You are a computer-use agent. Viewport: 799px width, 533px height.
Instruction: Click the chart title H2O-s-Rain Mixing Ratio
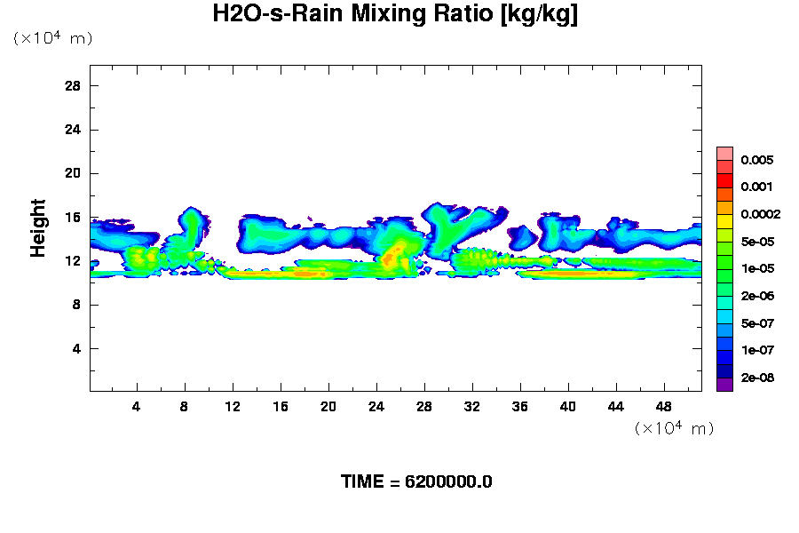click(395, 15)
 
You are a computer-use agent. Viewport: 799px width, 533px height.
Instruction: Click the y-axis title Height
click(38, 239)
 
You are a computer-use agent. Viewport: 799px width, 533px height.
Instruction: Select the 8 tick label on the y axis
click(77, 305)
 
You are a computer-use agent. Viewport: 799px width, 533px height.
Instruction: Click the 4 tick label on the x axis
click(137, 406)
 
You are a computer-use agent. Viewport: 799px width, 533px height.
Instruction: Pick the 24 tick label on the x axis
click(376, 406)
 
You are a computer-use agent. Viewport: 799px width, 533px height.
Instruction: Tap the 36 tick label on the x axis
click(520, 406)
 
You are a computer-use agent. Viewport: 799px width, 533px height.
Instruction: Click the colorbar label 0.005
click(757, 161)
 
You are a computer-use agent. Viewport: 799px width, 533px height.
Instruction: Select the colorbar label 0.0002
click(760, 214)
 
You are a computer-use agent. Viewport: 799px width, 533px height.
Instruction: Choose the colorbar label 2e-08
click(757, 378)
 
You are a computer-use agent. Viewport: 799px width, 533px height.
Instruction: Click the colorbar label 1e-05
click(757, 268)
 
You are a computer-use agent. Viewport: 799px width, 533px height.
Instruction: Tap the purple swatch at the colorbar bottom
click(725, 385)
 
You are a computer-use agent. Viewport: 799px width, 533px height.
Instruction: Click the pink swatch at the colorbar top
click(725, 153)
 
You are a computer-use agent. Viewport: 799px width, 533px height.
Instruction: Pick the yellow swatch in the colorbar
click(725, 220)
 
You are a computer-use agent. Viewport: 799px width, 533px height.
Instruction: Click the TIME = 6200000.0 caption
click(416, 481)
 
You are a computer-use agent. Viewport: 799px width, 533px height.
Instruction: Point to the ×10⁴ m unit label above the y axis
click(52, 38)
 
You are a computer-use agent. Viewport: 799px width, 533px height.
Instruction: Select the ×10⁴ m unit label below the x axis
click(674, 428)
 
